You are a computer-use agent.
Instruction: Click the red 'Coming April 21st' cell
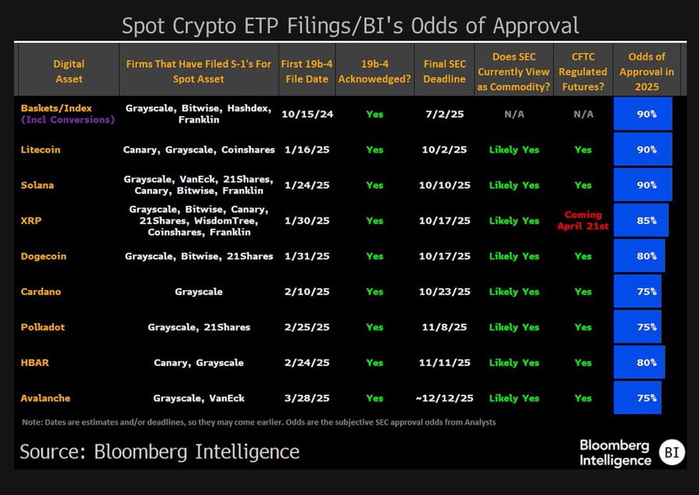point(582,221)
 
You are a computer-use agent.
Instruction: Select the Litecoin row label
point(41,149)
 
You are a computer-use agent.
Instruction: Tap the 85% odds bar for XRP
point(642,221)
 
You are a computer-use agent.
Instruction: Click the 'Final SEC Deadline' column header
point(445,71)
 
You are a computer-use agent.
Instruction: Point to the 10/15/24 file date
point(308,114)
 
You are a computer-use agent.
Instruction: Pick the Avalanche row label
point(46,398)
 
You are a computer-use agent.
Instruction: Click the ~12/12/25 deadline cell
point(444,398)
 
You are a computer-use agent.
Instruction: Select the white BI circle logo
point(671,452)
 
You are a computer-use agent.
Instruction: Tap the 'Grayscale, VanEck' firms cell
point(199,398)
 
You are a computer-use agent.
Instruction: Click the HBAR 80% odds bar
point(639,362)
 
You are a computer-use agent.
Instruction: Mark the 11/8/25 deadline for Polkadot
point(445,327)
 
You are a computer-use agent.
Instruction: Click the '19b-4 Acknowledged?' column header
point(375,71)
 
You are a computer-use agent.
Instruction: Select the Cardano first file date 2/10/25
point(308,291)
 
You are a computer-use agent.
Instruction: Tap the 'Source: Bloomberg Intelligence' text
point(159,451)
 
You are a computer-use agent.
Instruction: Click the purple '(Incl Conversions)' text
point(68,120)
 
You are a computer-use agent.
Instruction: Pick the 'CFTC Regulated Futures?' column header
point(582,71)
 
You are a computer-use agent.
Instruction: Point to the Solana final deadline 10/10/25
point(444,185)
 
